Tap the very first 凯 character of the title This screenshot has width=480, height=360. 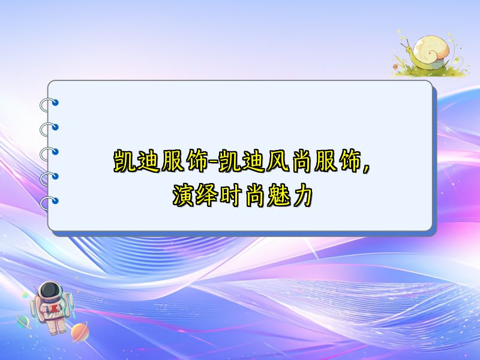coord(124,161)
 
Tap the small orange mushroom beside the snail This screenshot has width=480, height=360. coord(395,65)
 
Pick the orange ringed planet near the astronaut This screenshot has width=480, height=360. coord(79,331)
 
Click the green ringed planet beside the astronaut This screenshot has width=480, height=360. coord(24,322)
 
